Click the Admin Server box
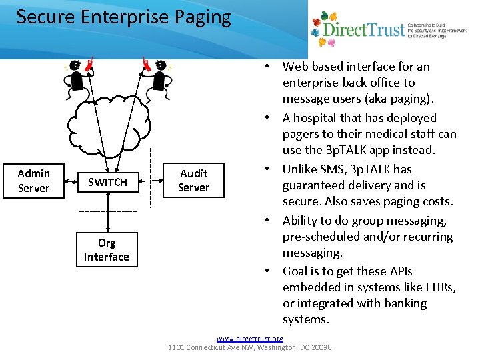(33, 181)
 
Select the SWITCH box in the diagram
(107, 182)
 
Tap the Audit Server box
(194, 181)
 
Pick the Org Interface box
(107, 250)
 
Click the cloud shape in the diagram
(107, 123)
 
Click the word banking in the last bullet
(405, 303)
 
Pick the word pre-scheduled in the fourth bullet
(317, 237)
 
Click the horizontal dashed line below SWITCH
(108, 211)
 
